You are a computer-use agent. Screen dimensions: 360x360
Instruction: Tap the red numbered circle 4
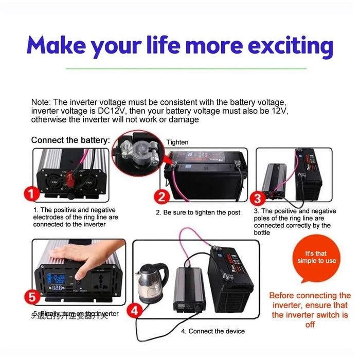pyautogui.click(x=135, y=310)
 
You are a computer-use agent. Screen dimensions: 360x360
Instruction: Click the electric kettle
pyautogui.click(x=153, y=281)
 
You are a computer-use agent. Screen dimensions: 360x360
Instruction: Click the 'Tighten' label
pyautogui.click(x=177, y=142)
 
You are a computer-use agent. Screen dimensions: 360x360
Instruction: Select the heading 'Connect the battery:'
pyautogui.click(x=70, y=140)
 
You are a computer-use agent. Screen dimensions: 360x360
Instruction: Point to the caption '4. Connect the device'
pyautogui.click(x=213, y=331)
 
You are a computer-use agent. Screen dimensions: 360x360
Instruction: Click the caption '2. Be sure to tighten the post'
pyautogui.click(x=198, y=212)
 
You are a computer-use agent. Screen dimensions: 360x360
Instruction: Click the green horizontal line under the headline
pyautogui.click(x=180, y=68)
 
